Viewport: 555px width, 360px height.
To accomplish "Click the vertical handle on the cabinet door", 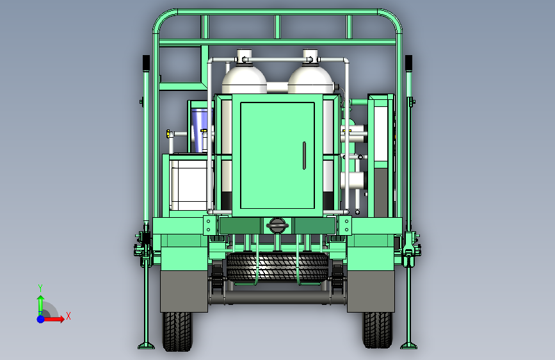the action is tap(304, 156).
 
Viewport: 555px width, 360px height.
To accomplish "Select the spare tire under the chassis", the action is tap(278, 267).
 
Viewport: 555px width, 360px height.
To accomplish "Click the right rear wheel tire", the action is tap(378, 329).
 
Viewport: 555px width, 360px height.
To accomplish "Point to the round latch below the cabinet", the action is tap(277, 225).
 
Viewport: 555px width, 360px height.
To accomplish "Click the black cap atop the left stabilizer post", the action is tap(146, 63).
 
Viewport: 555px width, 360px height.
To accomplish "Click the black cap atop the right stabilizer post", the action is tap(408, 63).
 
